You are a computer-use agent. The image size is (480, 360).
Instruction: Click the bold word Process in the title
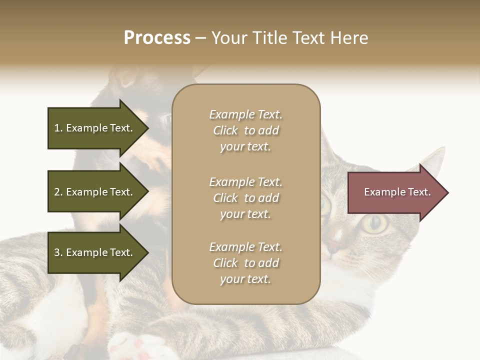click(157, 37)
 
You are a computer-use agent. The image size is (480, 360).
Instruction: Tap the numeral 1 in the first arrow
click(57, 128)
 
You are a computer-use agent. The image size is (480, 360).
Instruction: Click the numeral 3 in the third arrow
click(57, 252)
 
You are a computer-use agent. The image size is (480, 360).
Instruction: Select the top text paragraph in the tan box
click(245, 130)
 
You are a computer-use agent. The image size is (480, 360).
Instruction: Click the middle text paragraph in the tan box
click(245, 198)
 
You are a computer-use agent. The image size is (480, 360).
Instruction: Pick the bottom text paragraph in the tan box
click(245, 263)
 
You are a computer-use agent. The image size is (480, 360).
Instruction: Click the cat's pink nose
click(334, 245)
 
